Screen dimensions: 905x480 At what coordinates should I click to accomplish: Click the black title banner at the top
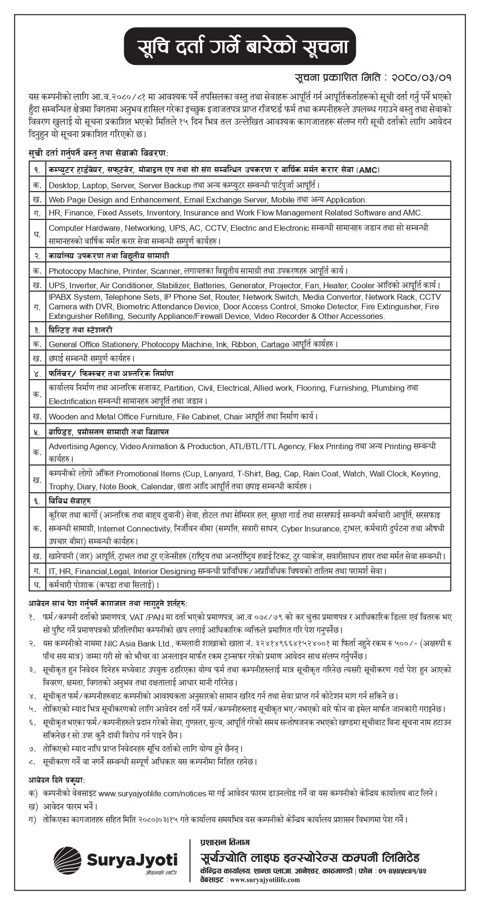(240, 46)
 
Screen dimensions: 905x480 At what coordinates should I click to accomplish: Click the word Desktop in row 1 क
(63, 185)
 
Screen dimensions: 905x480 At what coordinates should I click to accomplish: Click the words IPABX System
(75, 297)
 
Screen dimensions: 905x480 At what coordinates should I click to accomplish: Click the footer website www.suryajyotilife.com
(265, 880)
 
